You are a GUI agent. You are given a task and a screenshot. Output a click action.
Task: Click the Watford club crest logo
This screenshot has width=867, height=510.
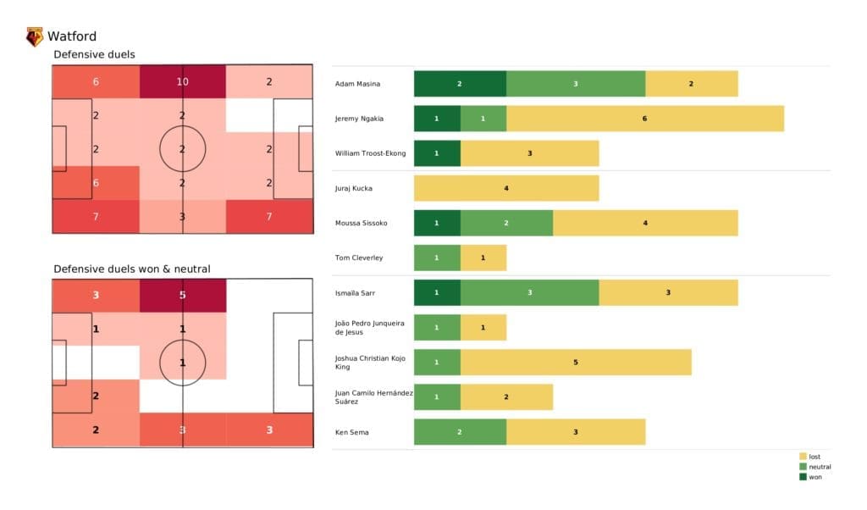click(x=35, y=36)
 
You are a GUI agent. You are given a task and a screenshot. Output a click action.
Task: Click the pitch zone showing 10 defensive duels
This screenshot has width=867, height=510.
click(x=183, y=82)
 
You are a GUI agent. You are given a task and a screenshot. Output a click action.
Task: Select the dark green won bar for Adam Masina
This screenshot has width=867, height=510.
click(x=460, y=84)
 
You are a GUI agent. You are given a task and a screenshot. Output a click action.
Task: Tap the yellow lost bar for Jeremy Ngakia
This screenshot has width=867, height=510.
click(x=644, y=119)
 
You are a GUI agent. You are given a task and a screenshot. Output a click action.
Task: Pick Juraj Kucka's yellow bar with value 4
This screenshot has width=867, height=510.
click(x=505, y=188)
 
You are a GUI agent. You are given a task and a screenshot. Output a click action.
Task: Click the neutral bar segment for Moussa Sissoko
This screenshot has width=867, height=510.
click(x=506, y=223)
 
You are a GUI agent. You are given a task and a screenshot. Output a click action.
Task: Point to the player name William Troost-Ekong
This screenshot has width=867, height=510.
click(x=370, y=153)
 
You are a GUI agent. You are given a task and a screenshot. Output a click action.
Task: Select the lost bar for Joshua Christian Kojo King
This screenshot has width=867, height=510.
click(x=576, y=362)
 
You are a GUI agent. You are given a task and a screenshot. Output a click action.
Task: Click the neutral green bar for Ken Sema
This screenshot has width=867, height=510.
click(x=460, y=431)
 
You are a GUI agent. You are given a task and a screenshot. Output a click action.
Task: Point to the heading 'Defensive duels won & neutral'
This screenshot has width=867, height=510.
click(x=132, y=269)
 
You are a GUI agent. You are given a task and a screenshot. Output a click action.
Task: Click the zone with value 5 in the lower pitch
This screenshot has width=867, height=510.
click(x=183, y=296)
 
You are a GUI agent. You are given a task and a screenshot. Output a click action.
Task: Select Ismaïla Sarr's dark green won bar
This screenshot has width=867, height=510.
click(x=437, y=292)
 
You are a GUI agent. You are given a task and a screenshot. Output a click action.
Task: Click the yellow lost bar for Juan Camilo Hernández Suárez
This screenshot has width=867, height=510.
click(x=506, y=396)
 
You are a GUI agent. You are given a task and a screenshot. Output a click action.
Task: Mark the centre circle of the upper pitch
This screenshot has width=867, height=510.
click(x=183, y=148)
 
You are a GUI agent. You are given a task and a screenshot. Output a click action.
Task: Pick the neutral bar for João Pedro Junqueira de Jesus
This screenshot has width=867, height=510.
click(x=437, y=327)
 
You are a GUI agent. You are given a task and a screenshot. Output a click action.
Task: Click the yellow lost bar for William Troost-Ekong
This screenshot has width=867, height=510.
click(x=529, y=153)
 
